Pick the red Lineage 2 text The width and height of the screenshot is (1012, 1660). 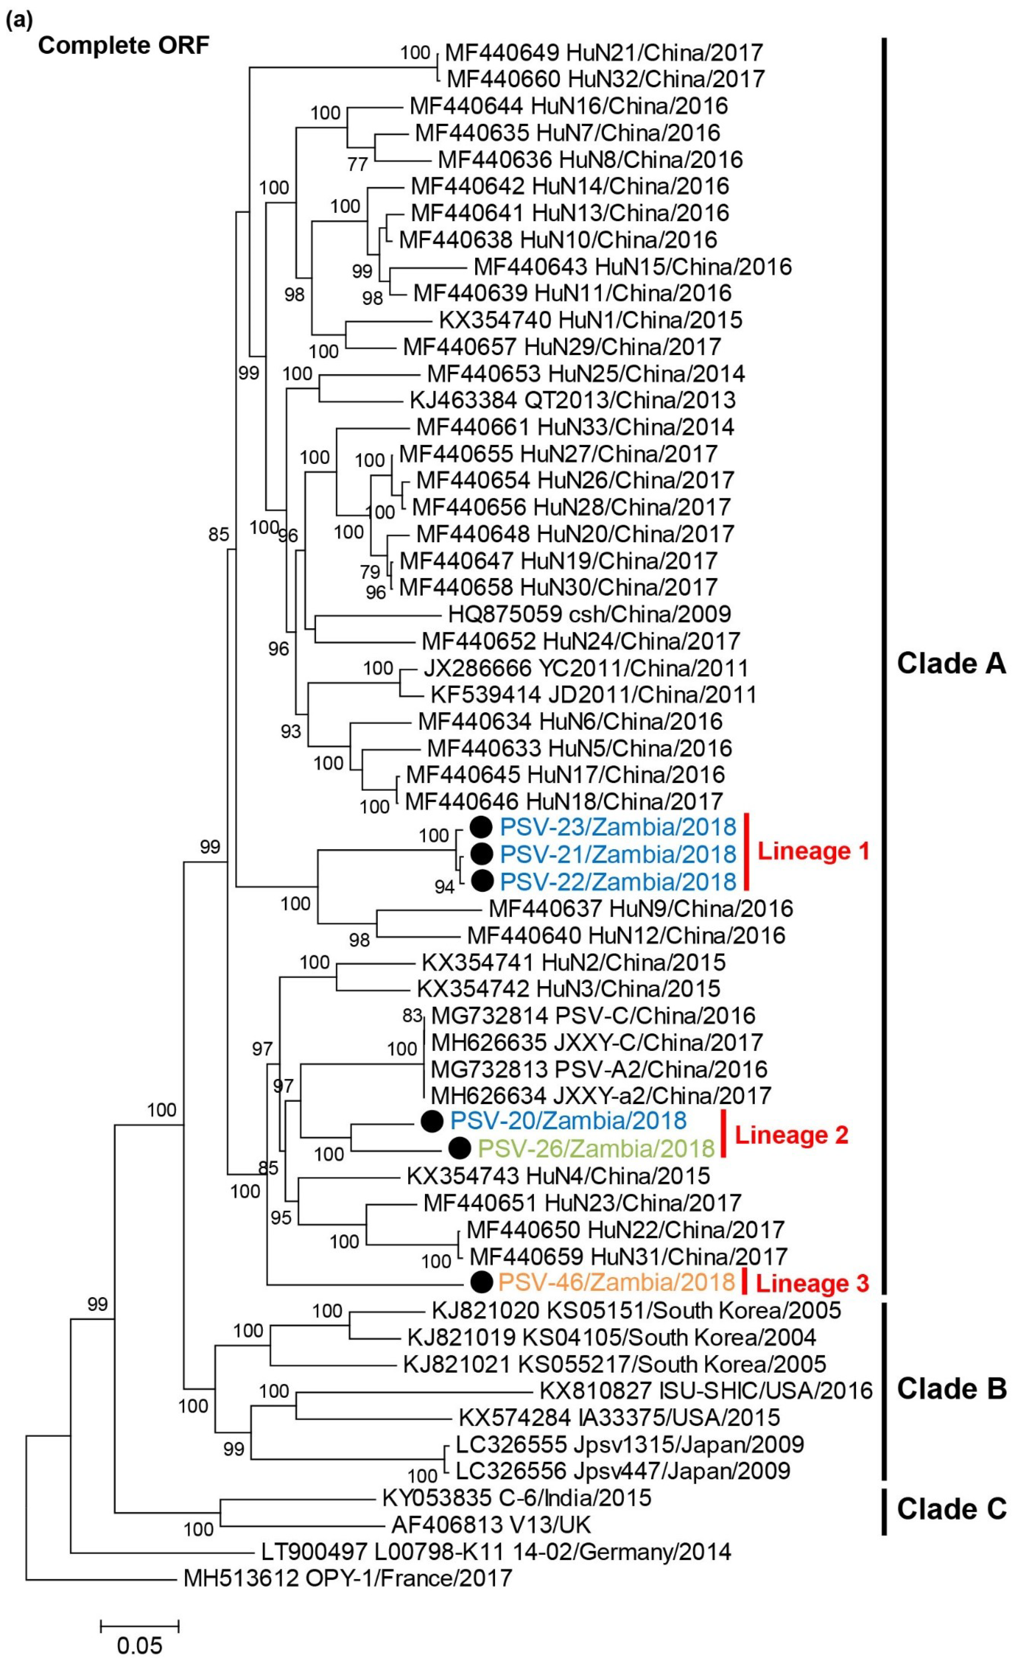[x=791, y=1135]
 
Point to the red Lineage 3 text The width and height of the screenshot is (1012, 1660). [x=812, y=1283]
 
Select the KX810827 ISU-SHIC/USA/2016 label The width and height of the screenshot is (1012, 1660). [x=705, y=1390]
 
